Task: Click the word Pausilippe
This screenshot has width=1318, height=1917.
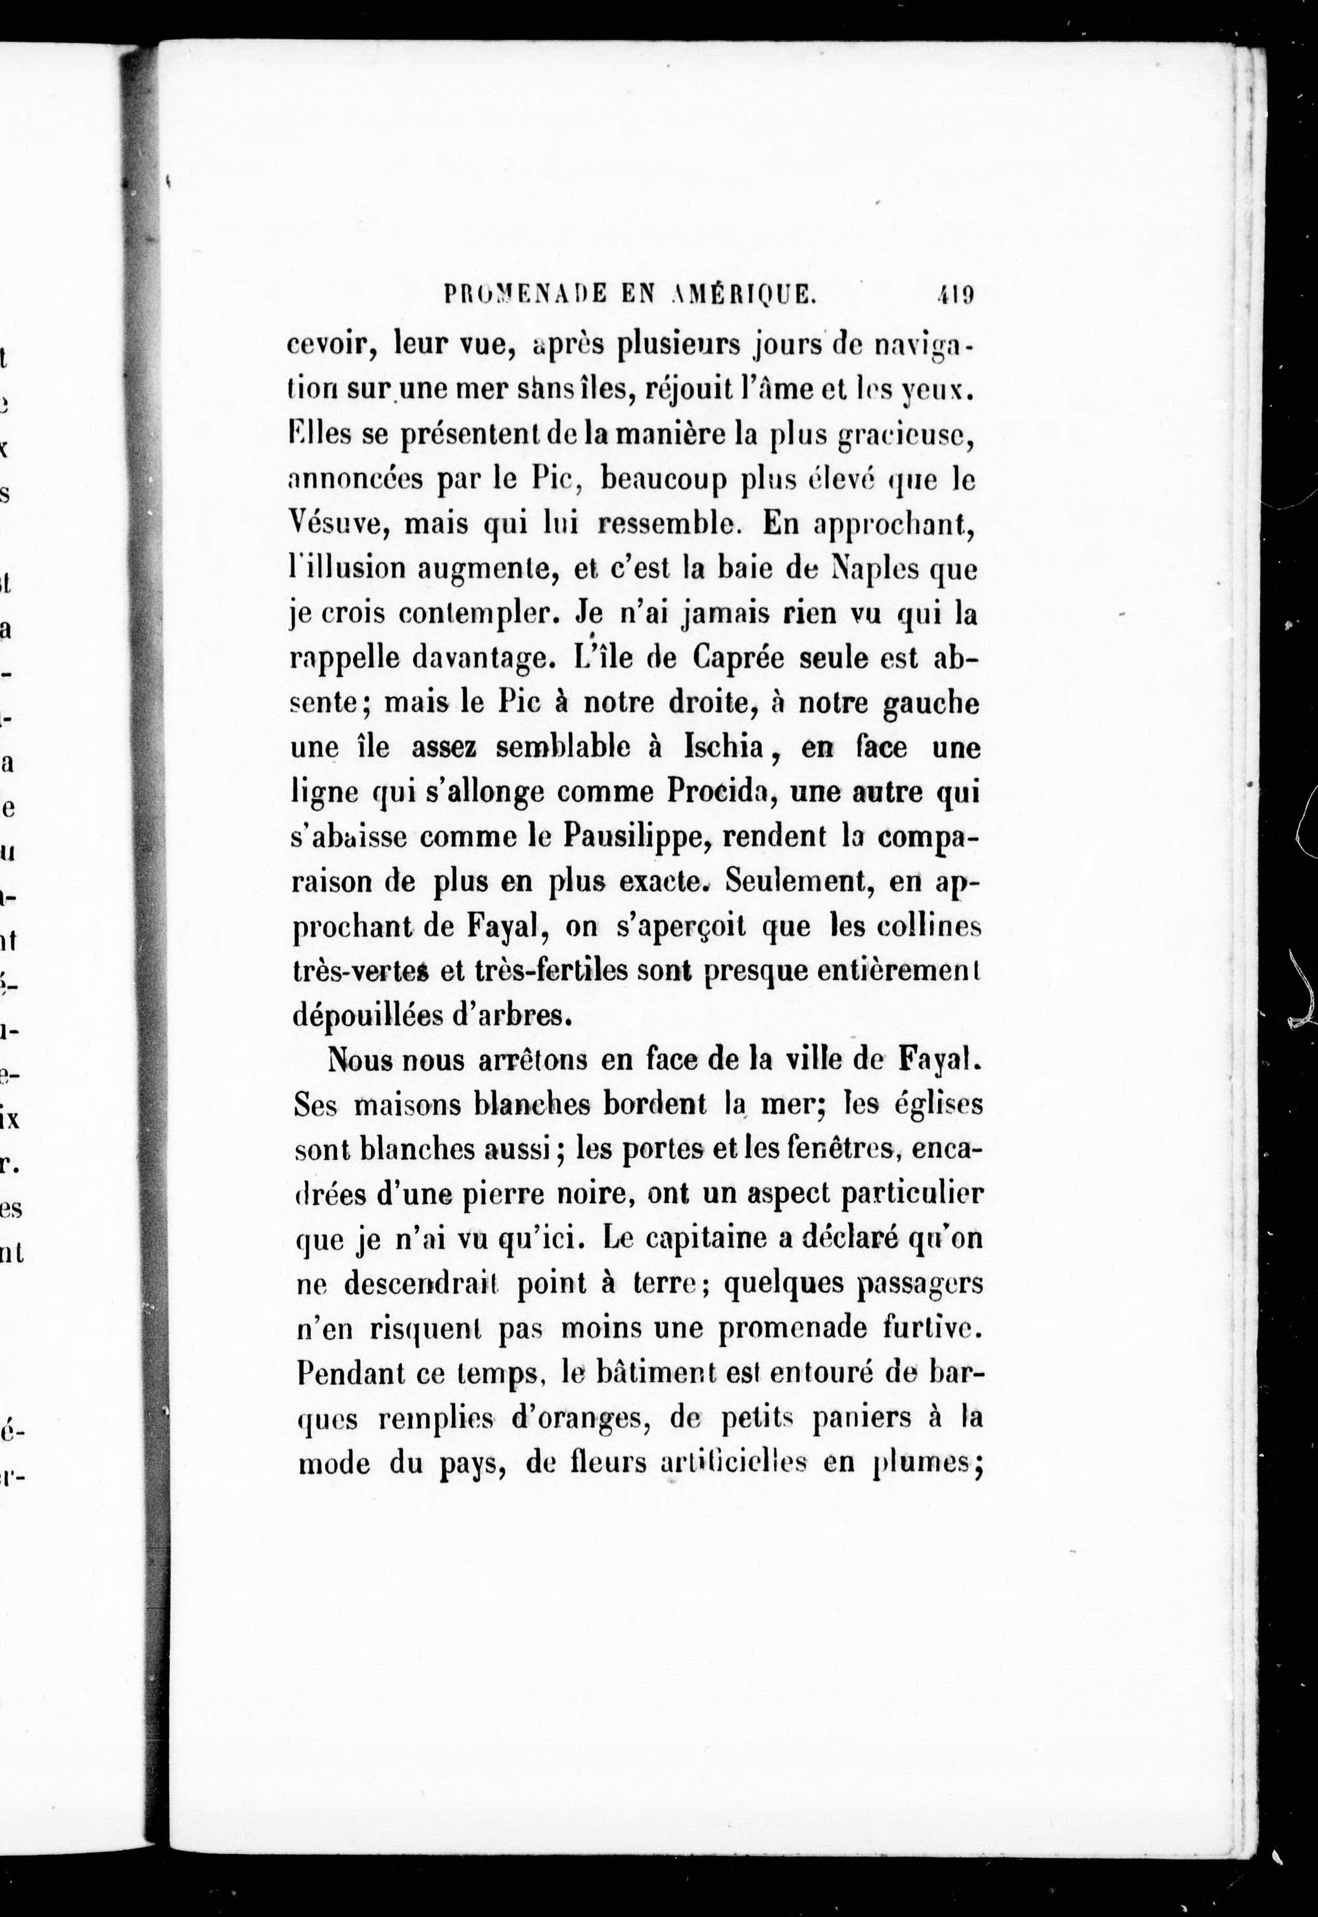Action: tap(636, 837)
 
